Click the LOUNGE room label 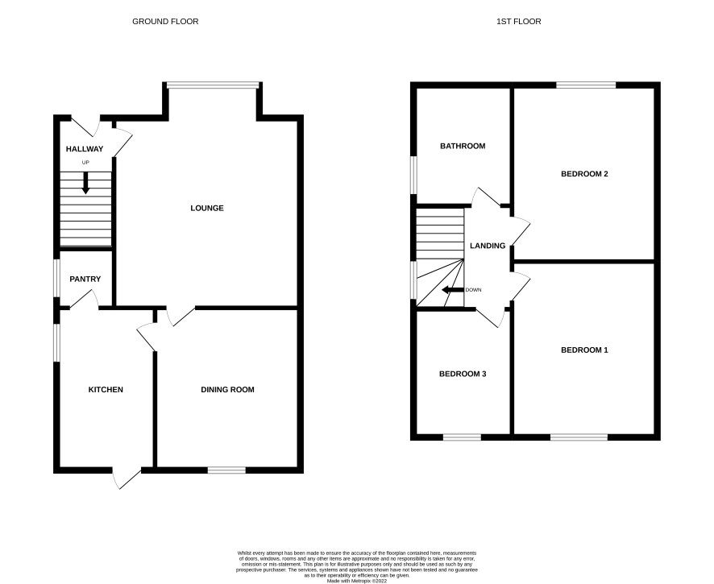click(207, 208)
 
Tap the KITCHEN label click(106, 390)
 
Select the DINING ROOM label click(228, 390)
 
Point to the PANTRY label click(85, 279)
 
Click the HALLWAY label click(85, 149)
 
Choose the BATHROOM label click(463, 146)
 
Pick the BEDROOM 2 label click(585, 174)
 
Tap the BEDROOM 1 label click(585, 350)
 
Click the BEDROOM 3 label click(463, 374)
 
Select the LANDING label click(488, 246)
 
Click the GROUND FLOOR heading click(165, 22)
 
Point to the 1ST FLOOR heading click(519, 22)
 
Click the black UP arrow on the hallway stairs click(85, 183)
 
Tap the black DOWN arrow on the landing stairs click(453, 290)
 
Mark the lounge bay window click(213, 85)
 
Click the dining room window click(226, 470)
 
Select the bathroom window click(413, 176)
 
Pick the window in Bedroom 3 click(463, 437)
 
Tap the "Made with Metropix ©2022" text click(356, 581)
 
